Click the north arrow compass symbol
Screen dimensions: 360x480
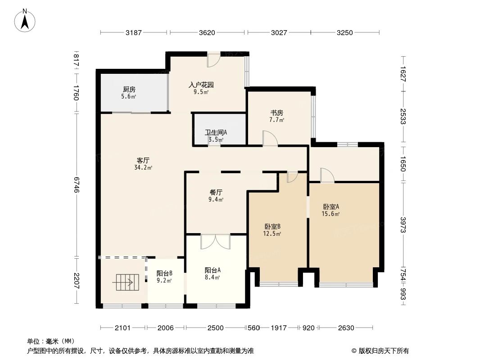[x=25, y=20]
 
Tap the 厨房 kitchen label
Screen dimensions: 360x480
[x=128, y=89]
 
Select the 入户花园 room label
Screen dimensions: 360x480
[x=201, y=85]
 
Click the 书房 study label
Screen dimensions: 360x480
[x=277, y=112]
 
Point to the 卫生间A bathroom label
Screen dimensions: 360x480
[x=216, y=132]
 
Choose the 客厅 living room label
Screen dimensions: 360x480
[x=143, y=160]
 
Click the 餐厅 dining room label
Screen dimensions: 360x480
[x=216, y=192]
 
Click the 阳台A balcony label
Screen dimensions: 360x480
[x=212, y=270]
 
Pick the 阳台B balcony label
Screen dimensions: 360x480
[x=164, y=273]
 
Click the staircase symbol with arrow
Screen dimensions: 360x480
[x=123, y=283]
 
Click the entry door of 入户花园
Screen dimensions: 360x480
[x=213, y=59]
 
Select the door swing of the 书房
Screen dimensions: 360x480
[x=270, y=138]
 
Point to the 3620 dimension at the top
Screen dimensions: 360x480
[x=207, y=32]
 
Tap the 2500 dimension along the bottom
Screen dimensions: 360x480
[x=216, y=328]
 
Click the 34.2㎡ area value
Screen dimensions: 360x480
[x=143, y=168]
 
